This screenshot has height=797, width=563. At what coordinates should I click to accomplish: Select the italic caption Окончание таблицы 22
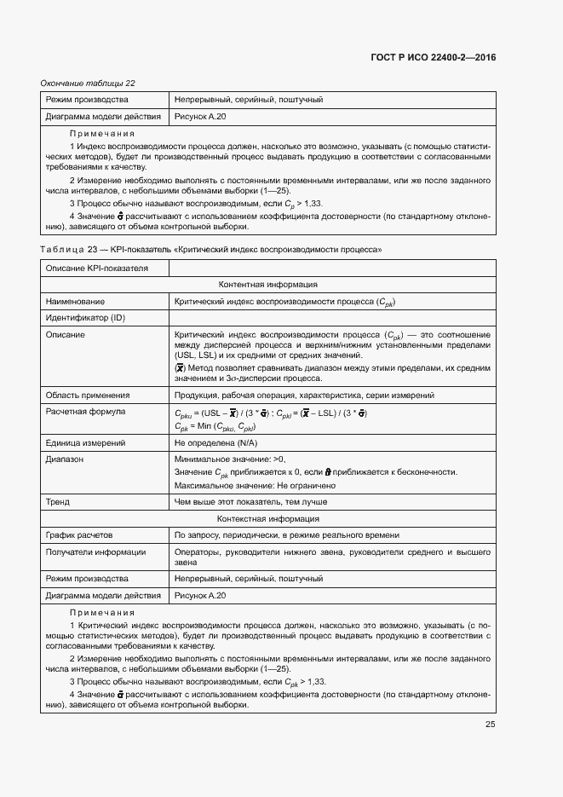pyautogui.click(x=88, y=83)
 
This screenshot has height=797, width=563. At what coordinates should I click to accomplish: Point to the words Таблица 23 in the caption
pyautogui.click(x=66, y=250)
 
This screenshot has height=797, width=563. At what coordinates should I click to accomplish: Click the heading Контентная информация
pyautogui.click(x=268, y=285)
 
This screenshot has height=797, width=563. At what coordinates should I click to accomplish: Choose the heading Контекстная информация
pyautogui.click(x=268, y=518)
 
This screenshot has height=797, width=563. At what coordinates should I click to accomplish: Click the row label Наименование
pyautogui.click(x=76, y=302)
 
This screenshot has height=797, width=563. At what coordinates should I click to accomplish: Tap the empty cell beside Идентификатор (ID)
pyautogui.click(x=332, y=318)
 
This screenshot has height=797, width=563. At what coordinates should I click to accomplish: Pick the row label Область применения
pyautogui.click(x=88, y=396)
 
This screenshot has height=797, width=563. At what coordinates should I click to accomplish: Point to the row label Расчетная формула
pyautogui.click(x=85, y=412)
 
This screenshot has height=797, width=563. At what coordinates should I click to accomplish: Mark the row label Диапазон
pyautogui.click(x=65, y=459)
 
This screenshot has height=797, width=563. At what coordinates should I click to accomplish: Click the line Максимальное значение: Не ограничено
pyautogui.click(x=255, y=486)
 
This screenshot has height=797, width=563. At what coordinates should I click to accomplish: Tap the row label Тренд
pyautogui.click(x=58, y=502)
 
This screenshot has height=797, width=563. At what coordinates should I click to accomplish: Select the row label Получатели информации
pyautogui.click(x=90, y=552)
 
